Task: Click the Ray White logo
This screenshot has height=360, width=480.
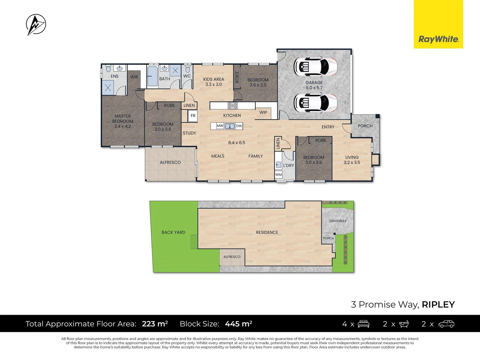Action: (438, 39)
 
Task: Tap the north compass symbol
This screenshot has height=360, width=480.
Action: (36, 25)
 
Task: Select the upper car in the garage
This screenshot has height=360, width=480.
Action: (315, 66)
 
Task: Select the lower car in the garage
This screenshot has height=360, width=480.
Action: (315, 102)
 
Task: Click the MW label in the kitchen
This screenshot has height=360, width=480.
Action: (220, 126)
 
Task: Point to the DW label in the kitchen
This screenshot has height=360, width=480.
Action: (239, 126)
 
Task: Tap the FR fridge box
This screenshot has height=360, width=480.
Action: (193, 116)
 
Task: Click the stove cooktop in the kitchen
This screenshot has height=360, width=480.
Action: (233, 106)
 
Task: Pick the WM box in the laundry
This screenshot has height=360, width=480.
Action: (279, 175)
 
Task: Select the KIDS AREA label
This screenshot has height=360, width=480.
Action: (214, 79)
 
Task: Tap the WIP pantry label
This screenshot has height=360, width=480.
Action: (263, 112)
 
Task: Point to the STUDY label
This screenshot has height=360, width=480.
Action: (189, 133)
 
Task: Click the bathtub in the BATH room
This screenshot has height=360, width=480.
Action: (153, 76)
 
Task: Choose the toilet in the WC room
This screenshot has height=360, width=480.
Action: (187, 69)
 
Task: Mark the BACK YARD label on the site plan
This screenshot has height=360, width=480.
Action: (173, 232)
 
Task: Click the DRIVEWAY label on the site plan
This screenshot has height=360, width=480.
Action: (338, 221)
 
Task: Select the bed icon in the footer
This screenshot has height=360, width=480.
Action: (363, 324)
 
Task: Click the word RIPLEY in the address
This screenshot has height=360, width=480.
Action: (438, 304)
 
